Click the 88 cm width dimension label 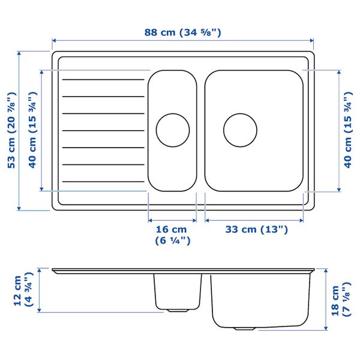183,32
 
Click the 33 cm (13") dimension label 256,229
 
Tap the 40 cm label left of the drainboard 32,130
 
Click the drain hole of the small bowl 173,130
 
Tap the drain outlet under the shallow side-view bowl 177,310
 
